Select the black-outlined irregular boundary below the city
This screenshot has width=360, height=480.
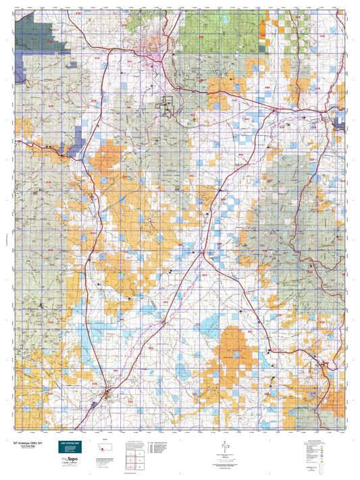click(x=167, y=105)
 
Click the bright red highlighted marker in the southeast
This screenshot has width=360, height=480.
click(x=326, y=365)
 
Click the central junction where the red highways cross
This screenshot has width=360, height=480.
click(x=203, y=253)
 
